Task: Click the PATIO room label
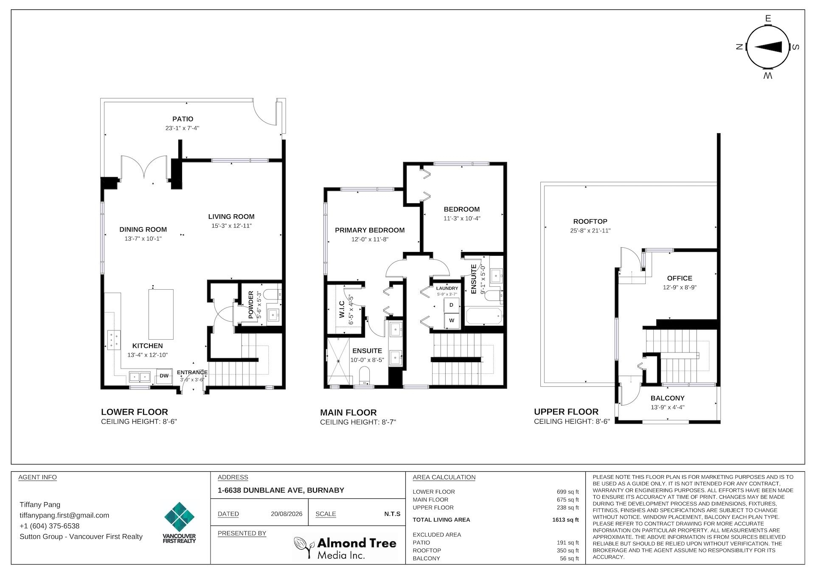[183, 119]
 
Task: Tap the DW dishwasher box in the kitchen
[164, 376]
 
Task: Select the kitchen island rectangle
[161, 314]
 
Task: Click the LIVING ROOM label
[231, 217]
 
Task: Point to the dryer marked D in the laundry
[451, 305]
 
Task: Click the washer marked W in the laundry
[451, 321]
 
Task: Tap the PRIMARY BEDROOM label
[370, 230]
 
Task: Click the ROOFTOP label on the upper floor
[590, 221]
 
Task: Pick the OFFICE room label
[680, 278]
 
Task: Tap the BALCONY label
[667, 398]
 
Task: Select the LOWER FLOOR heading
[135, 412]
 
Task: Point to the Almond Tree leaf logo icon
[304, 548]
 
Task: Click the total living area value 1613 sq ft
[562, 520]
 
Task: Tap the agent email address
[64, 515]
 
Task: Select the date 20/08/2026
[287, 514]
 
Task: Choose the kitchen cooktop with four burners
[114, 340]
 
